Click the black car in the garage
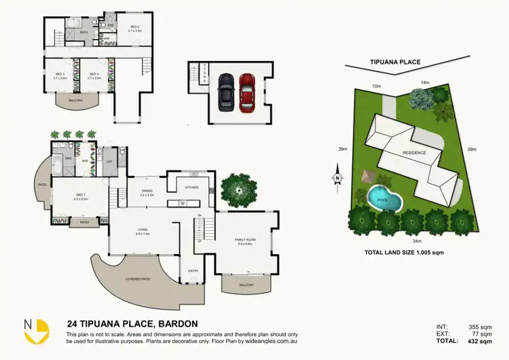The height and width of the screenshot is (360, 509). click(x=225, y=93)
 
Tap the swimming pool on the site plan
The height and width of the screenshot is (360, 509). click(x=383, y=199)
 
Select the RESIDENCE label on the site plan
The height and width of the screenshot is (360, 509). click(x=415, y=153)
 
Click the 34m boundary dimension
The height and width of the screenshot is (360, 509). click(x=417, y=240)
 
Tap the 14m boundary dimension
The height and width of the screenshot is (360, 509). click(x=426, y=83)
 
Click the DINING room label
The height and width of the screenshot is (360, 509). click(x=147, y=191)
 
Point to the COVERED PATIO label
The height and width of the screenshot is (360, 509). click(x=138, y=279)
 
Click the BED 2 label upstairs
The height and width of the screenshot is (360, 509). click(x=134, y=27)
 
